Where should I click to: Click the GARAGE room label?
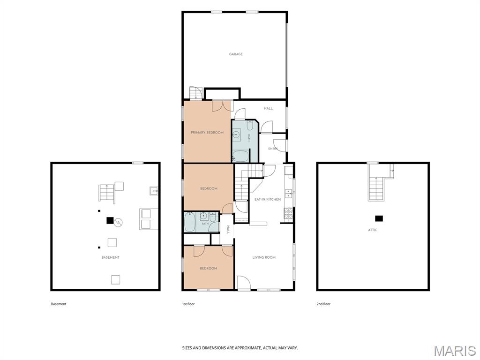coord(236,54)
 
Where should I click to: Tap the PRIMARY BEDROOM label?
coord(207,133)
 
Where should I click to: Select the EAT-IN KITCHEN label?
coord(268,199)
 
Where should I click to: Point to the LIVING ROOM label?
coord(264,257)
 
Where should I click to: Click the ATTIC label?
coord(373,230)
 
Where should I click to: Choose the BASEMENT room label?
coord(111,257)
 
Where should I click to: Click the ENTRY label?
coord(273,149)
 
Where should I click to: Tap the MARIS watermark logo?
coord(454,351)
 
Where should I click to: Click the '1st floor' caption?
coord(188,304)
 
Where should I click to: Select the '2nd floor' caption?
coord(323,304)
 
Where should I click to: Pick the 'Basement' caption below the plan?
coord(59,304)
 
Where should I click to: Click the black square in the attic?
coord(379,218)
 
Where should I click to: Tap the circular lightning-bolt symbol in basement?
coord(118,223)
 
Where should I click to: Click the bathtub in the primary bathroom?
coord(240,156)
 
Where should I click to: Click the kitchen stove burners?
coord(288,213)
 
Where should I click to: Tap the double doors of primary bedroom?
coord(222,106)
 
